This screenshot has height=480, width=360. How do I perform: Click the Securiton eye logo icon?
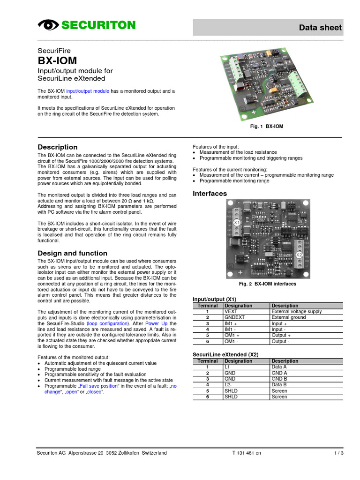coord(47,25)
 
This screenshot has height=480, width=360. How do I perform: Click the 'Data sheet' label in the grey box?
coord(321,28)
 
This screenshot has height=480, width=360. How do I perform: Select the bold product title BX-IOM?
coord(57,61)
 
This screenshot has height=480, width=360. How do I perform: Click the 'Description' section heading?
coord(57,147)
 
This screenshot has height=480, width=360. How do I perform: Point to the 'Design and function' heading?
coord(72,253)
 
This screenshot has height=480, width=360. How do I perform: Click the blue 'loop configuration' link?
coord(111,324)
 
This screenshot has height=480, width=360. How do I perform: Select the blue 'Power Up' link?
coord(157,324)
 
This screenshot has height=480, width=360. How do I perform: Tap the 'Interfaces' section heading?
coord(210,193)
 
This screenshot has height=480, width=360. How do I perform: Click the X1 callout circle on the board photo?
coord(237,222)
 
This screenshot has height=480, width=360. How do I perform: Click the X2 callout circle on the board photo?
coord(299,255)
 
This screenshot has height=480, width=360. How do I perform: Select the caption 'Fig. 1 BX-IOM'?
coord(267,127)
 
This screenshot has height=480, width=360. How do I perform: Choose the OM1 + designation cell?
coord(233,335)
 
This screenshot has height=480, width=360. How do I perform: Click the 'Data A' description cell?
coord(279,367)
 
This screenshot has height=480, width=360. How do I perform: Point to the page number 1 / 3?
coord(338,453)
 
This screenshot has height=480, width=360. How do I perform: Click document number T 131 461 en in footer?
coord(247,453)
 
